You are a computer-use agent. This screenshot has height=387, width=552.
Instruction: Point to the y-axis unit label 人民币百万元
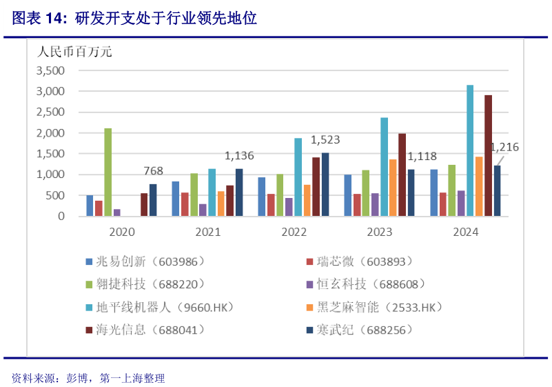(x=74, y=51)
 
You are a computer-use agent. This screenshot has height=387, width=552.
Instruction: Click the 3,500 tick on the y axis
(x=50, y=70)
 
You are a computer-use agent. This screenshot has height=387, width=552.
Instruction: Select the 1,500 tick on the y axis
(x=50, y=154)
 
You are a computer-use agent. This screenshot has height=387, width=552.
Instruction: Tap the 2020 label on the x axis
(x=121, y=232)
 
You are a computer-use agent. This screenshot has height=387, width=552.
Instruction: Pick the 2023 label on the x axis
(x=380, y=232)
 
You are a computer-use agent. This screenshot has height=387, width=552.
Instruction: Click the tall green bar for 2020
(x=108, y=172)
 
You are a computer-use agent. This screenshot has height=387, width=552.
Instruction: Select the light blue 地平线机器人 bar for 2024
(x=470, y=150)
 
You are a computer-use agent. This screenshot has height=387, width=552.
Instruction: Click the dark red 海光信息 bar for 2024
(x=488, y=156)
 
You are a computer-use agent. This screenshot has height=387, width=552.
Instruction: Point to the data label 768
(x=153, y=171)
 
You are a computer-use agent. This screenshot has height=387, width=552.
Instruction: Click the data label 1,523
(x=325, y=140)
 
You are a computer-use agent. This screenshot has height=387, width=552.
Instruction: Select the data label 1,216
(x=504, y=147)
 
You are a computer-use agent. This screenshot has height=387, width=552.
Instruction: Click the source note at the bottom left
(x=88, y=378)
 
